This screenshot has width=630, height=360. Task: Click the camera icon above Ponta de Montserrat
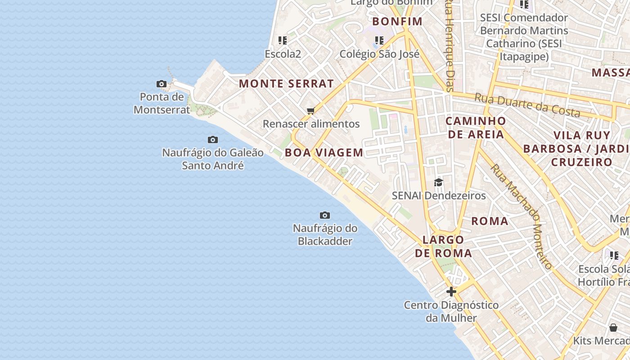tap(162, 84)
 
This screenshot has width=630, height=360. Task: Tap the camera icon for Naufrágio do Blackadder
tap(324, 216)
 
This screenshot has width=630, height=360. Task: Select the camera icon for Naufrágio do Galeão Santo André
tap(213, 140)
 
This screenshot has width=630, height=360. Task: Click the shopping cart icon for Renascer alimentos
tap(310, 111)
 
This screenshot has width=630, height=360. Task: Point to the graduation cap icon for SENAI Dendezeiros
tap(438, 182)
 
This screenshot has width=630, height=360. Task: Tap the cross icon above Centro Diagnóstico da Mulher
tap(451, 292)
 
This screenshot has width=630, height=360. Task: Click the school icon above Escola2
tap(283, 40)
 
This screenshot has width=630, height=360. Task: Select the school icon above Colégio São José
tap(379, 40)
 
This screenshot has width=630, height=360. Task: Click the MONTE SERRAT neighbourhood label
tap(286, 84)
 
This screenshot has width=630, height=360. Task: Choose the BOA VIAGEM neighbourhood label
tap(324, 153)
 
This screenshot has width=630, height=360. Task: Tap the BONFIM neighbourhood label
tap(398, 21)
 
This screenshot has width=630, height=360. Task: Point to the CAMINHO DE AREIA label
tap(476, 127)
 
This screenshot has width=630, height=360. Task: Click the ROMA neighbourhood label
tap(490, 221)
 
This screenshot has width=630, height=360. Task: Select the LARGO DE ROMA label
tap(444, 246)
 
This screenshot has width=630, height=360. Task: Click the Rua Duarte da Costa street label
tap(527, 104)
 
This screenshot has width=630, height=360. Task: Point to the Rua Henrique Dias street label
tap(449, 45)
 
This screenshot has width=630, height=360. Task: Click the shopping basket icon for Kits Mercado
tap(613, 328)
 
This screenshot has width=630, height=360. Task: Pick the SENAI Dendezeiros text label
tap(439, 196)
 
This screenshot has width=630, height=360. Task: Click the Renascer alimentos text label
tap(311, 124)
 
